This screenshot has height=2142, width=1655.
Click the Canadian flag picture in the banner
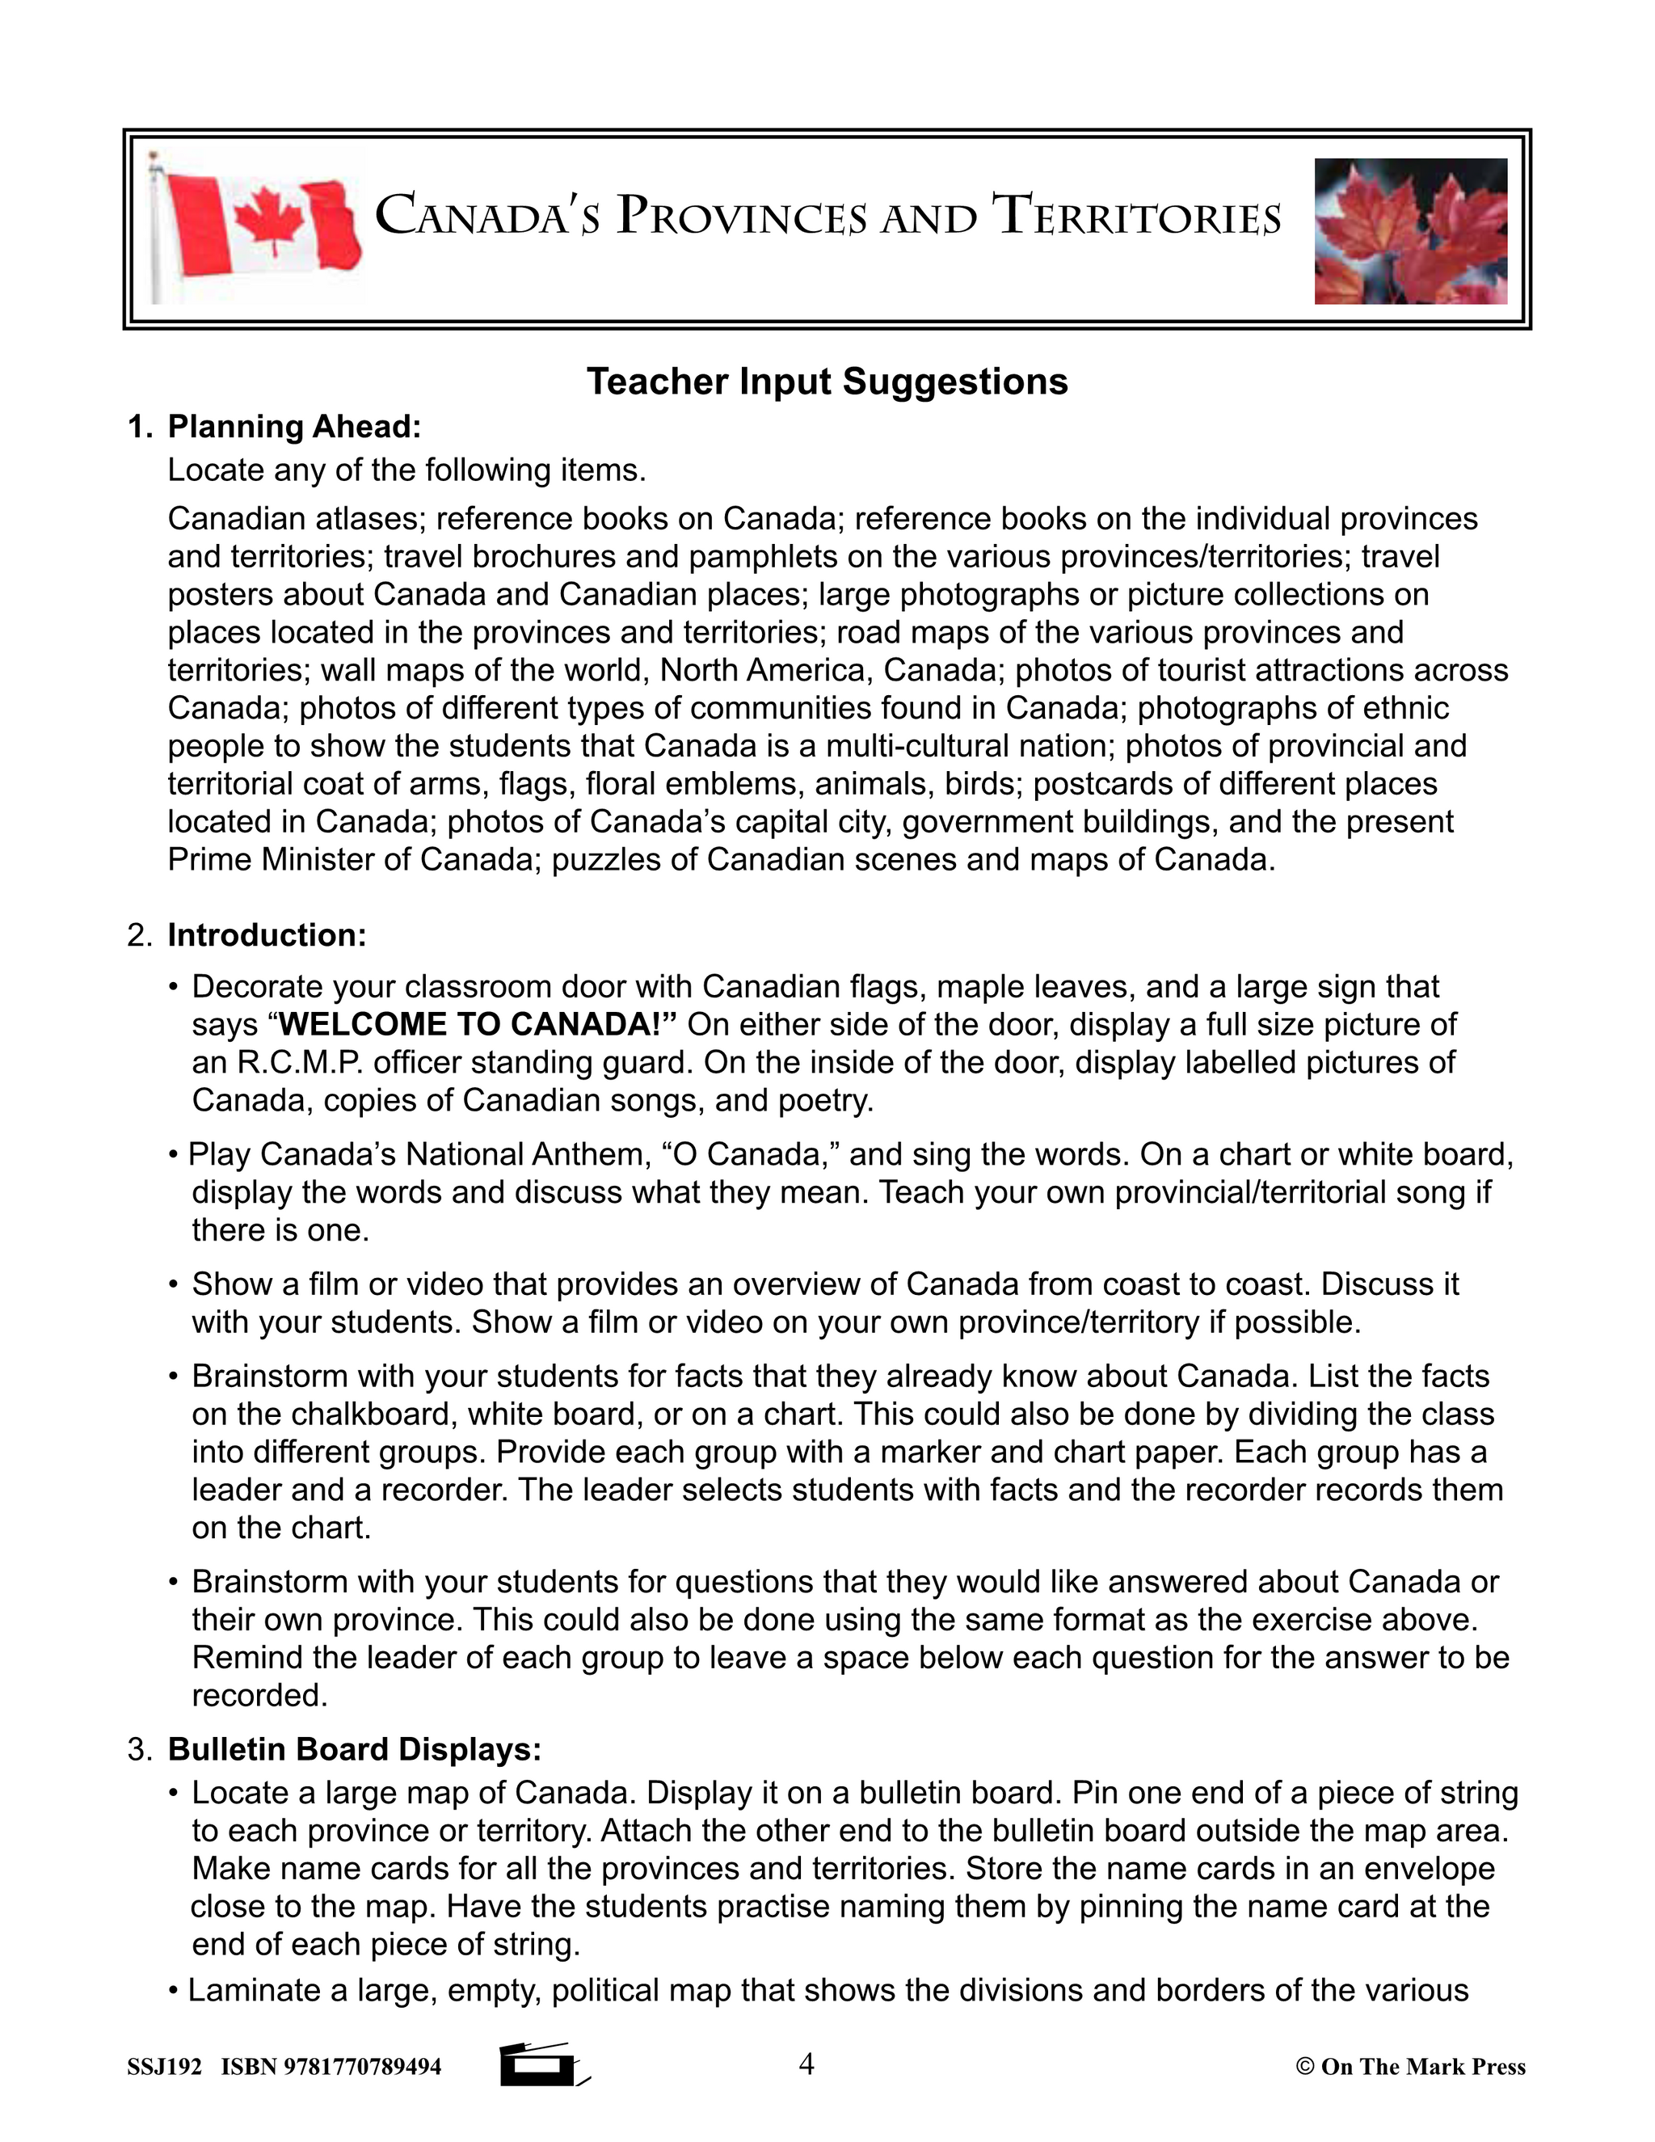257,228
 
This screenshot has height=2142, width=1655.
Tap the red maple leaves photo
1410,231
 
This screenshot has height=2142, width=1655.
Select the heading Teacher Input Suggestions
827,382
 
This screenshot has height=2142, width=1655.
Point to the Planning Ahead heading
293,427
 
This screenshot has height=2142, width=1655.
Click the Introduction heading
267,934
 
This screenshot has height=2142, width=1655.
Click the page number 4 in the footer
806,2064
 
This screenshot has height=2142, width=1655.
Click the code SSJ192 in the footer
164,2068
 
